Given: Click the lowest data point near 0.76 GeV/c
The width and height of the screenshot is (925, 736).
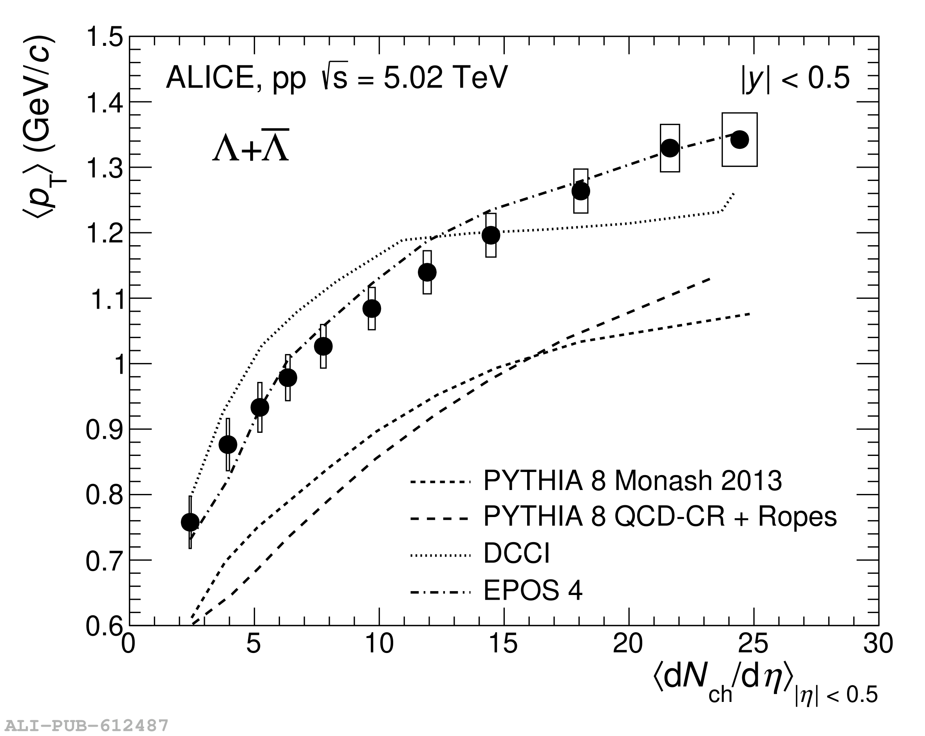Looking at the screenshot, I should (190, 522).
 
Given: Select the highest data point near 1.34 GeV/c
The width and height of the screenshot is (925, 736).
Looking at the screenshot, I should (740, 139).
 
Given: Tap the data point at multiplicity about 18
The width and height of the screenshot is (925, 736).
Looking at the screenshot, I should (581, 191).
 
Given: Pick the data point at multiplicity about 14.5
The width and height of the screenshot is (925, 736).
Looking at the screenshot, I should (491, 235).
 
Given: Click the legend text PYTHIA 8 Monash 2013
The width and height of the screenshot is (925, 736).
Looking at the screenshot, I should (632, 481).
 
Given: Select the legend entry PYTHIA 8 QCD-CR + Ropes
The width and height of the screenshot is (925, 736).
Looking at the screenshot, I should (660, 517).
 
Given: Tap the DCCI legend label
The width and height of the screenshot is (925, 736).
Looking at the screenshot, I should (516, 553).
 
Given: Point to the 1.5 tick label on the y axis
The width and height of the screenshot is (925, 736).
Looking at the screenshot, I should (104, 38).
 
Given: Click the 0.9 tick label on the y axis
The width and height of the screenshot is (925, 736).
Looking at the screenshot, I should (104, 430).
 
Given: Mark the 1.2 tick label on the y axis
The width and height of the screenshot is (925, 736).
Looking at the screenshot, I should (104, 233).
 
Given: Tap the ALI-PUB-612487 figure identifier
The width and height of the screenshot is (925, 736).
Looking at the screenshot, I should (86, 726).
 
